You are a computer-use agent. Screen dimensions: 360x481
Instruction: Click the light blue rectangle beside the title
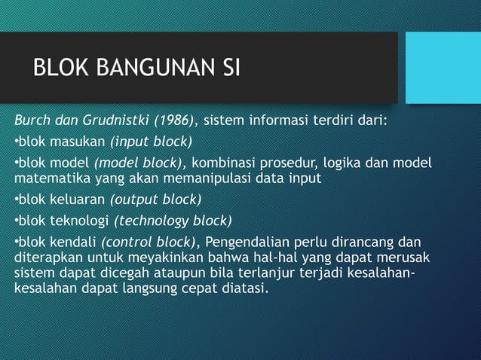[443, 67]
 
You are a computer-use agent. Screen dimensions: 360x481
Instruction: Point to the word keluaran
[81, 200]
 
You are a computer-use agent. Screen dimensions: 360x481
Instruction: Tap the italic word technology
[153, 221]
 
